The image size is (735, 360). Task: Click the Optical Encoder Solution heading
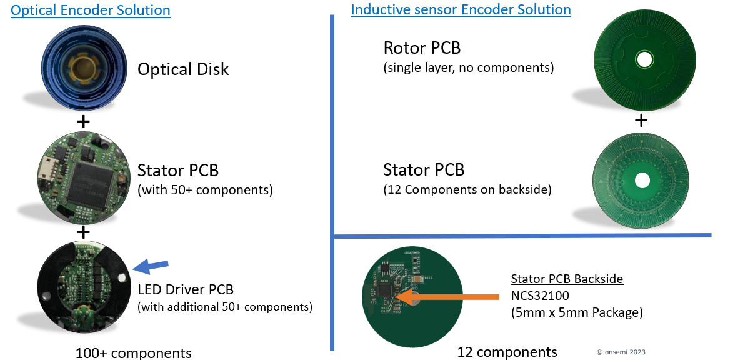pyautogui.click(x=91, y=10)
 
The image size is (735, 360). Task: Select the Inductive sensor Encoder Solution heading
pyautogui.click(x=461, y=9)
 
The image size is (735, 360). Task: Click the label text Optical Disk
pyautogui.click(x=182, y=69)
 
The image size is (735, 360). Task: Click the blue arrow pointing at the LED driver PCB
pyautogui.click(x=151, y=267)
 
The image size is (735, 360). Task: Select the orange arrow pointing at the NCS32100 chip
pyautogui.click(x=447, y=297)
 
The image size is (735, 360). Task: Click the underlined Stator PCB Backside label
pyautogui.click(x=567, y=279)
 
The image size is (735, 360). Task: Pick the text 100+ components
pyautogui.click(x=133, y=352)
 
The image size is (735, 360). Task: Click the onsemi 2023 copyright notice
pyautogui.click(x=621, y=352)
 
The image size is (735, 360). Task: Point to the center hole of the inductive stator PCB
pyautogui.click(x=642, y=181)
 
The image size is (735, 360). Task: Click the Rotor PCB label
pyautogui.click(x=422, y=47)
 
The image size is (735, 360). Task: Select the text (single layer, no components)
pyautogui.click(x=469, y=68)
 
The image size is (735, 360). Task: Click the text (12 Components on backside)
pyautogui.click(x=467, y=190)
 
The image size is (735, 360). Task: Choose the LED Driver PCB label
pyautogui.click(x=185, y=289)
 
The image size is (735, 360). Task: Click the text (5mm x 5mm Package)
pyautogui.click(x=576, y=312)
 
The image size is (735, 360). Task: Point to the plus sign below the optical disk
pyautogui.click(x=83, y=122)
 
